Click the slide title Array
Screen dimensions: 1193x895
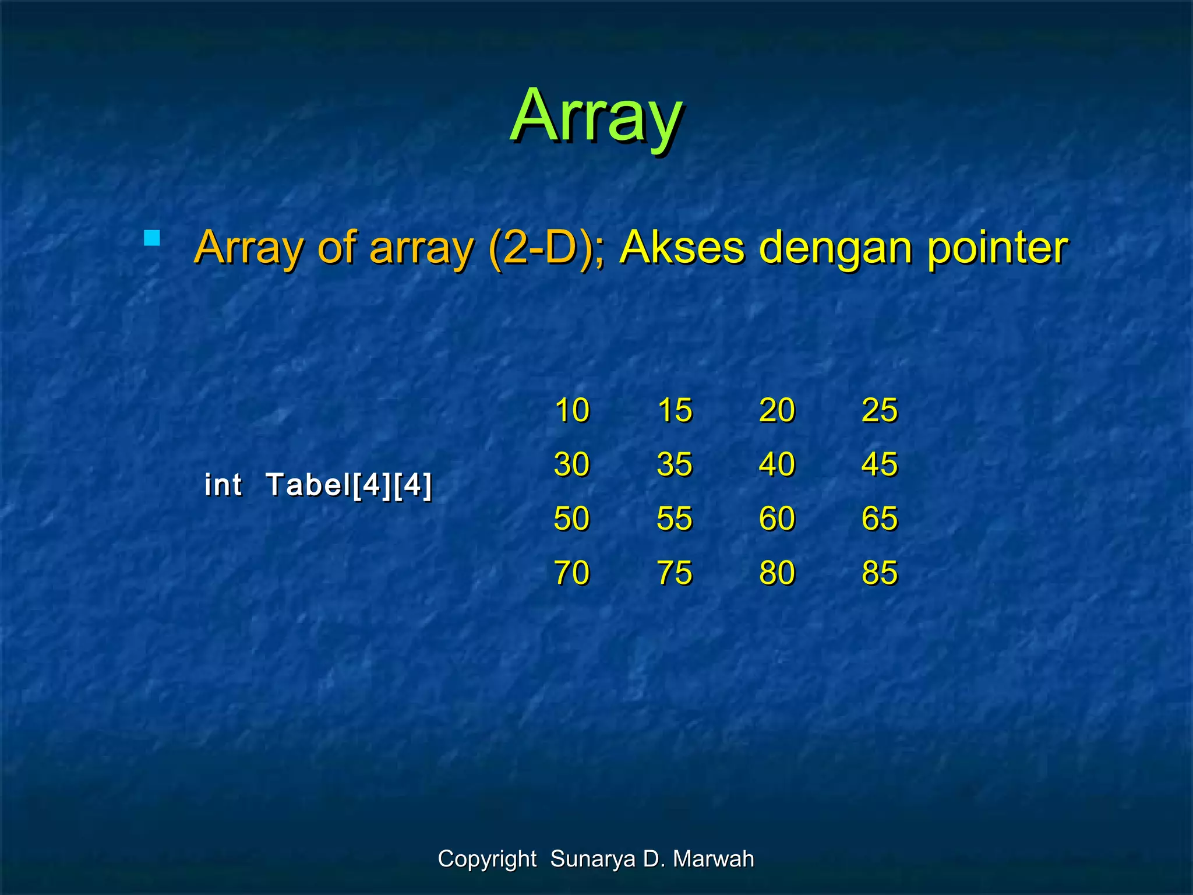596,117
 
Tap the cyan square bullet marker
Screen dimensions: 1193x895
152,238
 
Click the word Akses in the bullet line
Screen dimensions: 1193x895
682,248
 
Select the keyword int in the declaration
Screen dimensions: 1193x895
223,485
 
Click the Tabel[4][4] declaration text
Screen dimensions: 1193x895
348,485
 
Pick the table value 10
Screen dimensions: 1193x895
572,410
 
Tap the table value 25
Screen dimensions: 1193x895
880,410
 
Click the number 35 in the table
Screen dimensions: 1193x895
675,464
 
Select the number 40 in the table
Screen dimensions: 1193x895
777,464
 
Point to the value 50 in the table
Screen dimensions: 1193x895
572,519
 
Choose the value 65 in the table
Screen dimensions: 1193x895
880,519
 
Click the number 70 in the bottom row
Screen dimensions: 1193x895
572,573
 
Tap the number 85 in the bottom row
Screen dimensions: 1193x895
880,573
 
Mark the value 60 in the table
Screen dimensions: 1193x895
777,519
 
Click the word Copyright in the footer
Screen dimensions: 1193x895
487,859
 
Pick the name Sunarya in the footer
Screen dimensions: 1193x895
592,859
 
